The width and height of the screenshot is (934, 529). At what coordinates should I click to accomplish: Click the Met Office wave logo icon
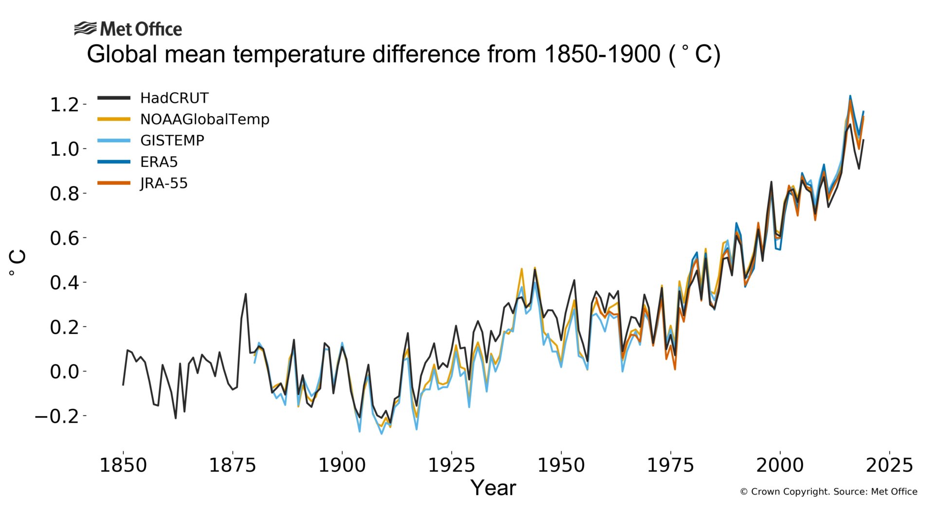[86, 29]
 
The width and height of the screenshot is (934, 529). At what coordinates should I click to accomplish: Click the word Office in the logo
[158, 29]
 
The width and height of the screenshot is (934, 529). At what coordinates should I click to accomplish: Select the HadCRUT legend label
[174, 98]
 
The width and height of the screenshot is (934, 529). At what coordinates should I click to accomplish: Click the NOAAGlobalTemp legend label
[204, 119]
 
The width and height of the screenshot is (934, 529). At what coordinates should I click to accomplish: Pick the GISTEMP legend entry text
[172, 141]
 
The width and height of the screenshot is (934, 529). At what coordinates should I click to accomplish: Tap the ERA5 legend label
[159, 162]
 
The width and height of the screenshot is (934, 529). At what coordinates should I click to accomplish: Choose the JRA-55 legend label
[164, 183]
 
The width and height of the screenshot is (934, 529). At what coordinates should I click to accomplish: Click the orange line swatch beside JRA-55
[114, 183]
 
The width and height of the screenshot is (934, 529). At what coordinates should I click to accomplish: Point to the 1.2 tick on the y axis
[64, 105]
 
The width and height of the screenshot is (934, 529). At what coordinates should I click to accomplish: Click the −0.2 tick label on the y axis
[57, 416]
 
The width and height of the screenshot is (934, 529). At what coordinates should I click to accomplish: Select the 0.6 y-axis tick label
[64, 238]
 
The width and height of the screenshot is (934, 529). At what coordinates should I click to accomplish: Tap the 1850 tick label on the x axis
[123, 465]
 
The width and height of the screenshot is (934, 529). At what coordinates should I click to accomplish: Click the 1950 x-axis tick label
[561, 465]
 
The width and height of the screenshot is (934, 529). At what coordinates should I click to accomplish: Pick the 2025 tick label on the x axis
[889, 465]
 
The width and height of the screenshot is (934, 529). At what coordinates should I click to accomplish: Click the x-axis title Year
[493, 488]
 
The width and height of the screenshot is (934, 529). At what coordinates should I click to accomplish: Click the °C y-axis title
[18, 263]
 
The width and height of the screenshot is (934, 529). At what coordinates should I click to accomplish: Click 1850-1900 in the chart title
[602, 54]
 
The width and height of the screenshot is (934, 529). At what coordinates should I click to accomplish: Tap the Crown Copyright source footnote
[828, 492]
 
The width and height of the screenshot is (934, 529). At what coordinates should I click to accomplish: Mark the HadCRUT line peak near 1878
[246, 294]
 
